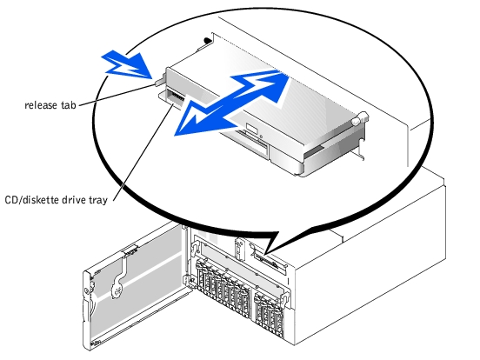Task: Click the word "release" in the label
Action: coord(42,105)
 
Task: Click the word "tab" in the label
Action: coord(69,105)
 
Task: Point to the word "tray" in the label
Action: coord(98,201)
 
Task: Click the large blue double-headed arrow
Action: coord(232,103)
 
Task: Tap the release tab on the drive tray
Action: coord(159,82)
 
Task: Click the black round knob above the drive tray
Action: coord(207,40)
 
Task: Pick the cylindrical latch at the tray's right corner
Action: coord(359,118)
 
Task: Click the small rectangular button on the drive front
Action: coord(253,129)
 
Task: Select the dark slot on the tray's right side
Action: coord(313,151)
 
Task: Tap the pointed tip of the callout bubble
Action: coord(265,254)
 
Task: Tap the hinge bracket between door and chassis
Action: coord(186,281)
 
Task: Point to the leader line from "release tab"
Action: coord(117,95)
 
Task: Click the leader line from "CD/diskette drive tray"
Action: coord(143,152)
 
